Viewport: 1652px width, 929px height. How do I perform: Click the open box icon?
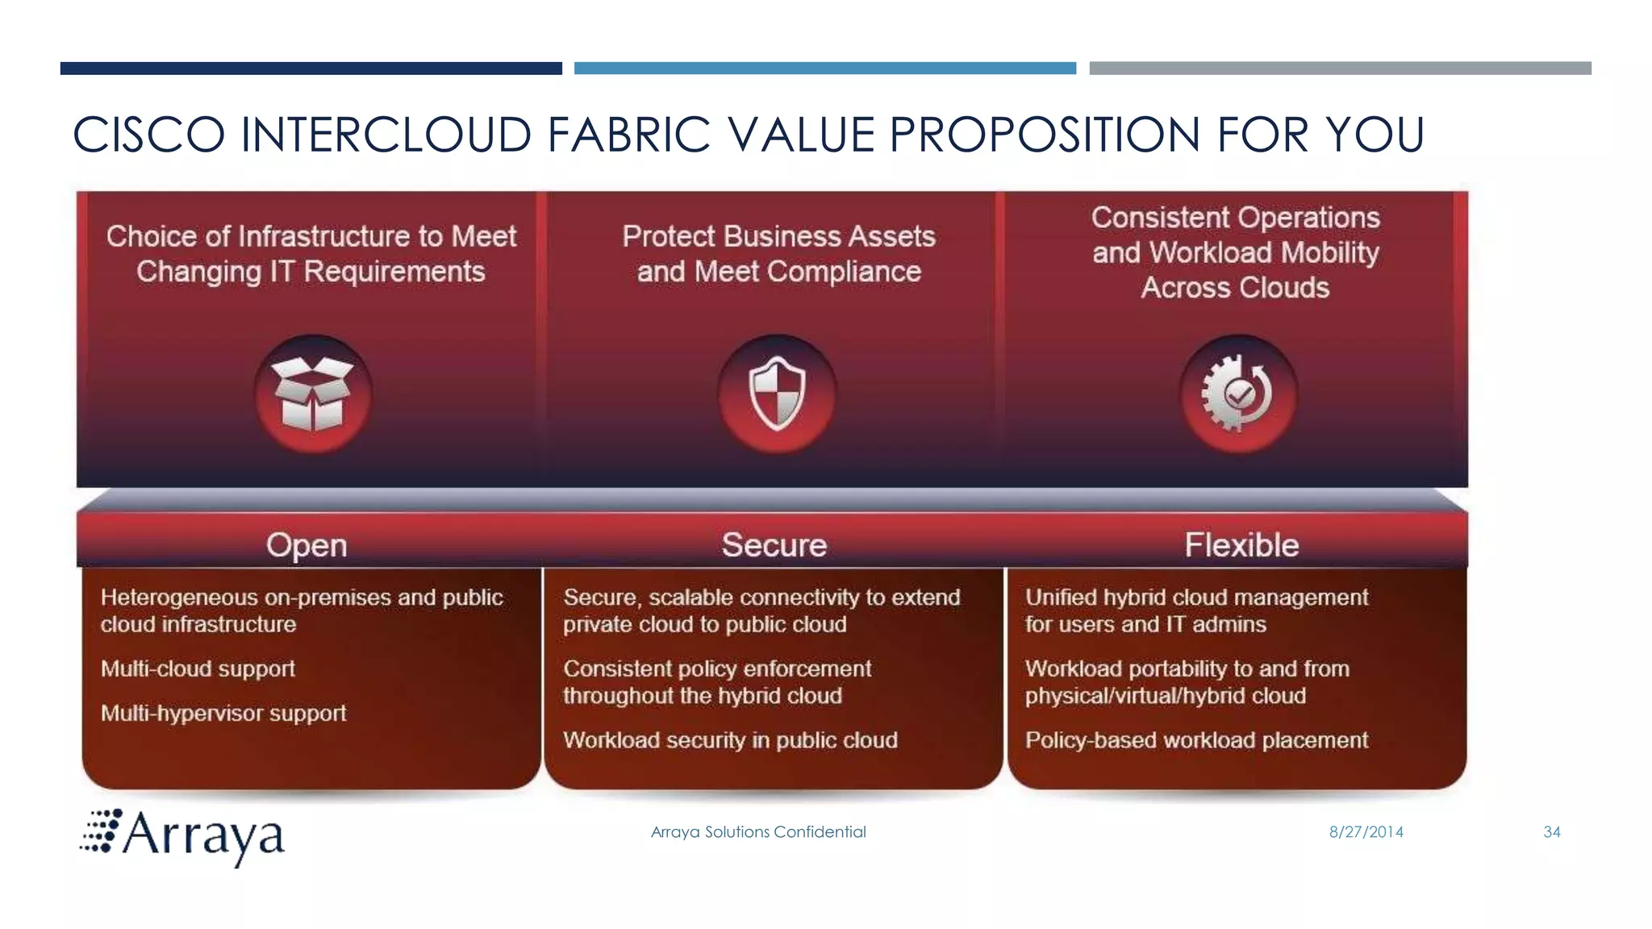tap(313, 394)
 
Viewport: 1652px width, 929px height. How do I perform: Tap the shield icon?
tap(777, 394)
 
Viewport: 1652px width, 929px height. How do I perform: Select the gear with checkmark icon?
tap(1237, 394)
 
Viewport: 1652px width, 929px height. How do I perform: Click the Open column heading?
tap(307, 545)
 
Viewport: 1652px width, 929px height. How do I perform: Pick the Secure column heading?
tap(774, 545)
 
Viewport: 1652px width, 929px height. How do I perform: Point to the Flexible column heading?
tap(1241, 545)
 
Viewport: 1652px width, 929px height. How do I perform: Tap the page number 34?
tap(1551, 832)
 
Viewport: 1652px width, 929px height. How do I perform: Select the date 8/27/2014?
tap(1366, 832)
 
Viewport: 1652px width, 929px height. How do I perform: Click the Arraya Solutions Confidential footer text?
tap(758, 832)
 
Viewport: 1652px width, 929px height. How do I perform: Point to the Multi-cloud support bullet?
tap(198, 669)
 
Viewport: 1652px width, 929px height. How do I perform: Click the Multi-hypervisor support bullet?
tap(223, 713)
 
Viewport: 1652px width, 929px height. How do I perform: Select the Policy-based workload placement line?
tap(1196, 740)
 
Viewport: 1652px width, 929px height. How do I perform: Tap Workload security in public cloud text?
tap(730, 740)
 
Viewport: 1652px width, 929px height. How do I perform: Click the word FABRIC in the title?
tap(629, 135)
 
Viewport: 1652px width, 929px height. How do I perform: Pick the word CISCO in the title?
tap(148, 135)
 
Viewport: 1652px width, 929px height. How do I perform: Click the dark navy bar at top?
tap(311, 69)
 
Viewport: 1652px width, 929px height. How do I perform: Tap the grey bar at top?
tap(1340, 69)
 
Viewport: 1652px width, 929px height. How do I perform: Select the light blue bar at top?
tap(824, 69)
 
